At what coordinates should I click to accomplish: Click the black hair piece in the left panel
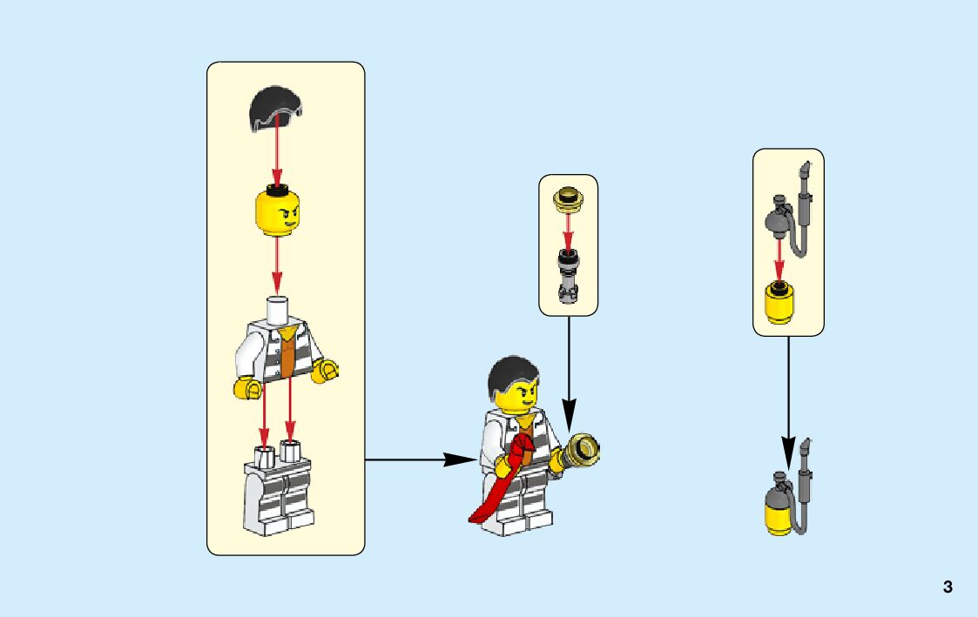click(x=276, y=109)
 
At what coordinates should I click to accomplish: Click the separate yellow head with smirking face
click(x=277, y=213)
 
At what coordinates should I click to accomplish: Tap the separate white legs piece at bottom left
click(x=279, y=492)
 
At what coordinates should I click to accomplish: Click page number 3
click(x=948, y=587)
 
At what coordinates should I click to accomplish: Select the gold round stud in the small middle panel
click(x=568, y=200)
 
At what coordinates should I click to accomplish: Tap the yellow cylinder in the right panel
click(x=779, y=305)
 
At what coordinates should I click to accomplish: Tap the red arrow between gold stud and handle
click(x=568, y=231)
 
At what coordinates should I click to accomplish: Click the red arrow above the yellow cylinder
click(x=779, y=261)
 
